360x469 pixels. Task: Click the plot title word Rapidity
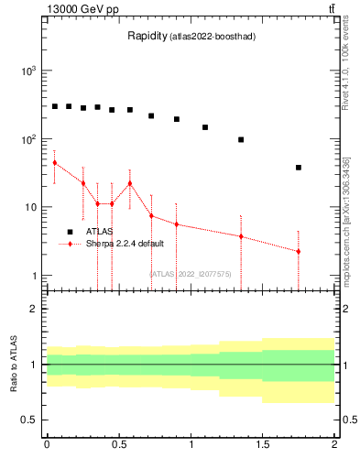[x=147, y=37]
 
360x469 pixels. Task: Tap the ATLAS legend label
[x=101, y=232]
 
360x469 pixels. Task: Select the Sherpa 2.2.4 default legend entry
[x=125, y=245]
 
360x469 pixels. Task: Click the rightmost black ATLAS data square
[x=299, y=168]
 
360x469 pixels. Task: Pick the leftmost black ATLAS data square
[x=55, y=106]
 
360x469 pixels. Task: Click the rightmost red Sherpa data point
[x=299, y=251]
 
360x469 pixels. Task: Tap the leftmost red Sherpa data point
[x=55, y=162]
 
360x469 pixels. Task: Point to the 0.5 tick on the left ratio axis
[x=30, y=420]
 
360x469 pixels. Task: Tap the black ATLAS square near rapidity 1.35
[x=241, y=139]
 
